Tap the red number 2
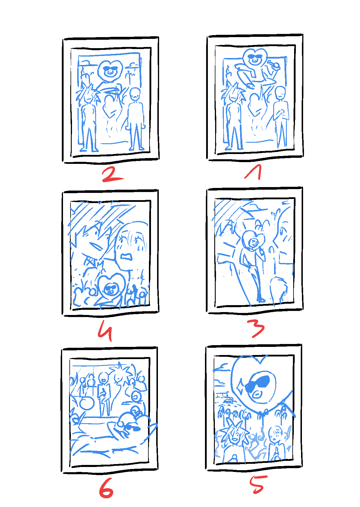pyautogui.click(x=113, y=175)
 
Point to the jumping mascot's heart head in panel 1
pyautogui.click(x=255, y=58)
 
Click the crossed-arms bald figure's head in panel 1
pyautogui.click(x=280, y=93)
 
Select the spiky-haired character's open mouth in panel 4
pyautogui.click(x=96, y=247)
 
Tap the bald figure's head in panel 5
pyautogui.click(x=275, y=433)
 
